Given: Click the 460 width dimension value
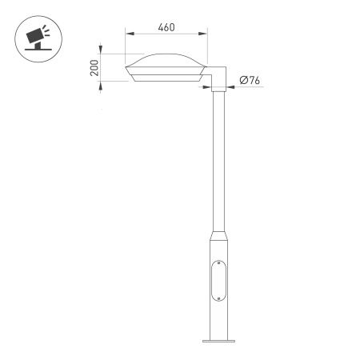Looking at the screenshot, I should click(166, 27).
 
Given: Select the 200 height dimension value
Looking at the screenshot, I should click(94, 68).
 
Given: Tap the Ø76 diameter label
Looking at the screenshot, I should click(250, 80).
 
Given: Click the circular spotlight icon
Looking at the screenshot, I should click(36, 37).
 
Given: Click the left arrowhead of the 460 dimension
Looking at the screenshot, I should click(128, 34).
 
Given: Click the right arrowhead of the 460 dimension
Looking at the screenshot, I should click(204, 34).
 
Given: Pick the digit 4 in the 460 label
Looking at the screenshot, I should click(161, 27).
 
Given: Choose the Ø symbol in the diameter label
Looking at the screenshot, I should click(242, 80).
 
